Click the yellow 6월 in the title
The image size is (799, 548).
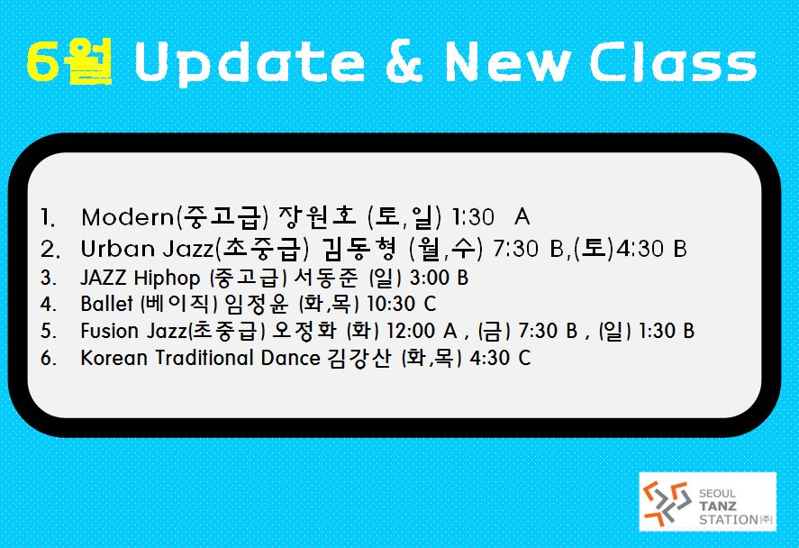coord(69,61)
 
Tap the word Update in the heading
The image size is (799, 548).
coord(250,63)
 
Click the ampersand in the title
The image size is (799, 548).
coord(404,61)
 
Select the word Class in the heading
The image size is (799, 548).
coord(673,61)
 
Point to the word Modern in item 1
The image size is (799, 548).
coord(127,218)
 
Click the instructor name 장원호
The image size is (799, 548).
coord(317,216)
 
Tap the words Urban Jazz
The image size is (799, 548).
coord(147,249)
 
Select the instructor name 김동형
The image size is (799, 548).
coord(359,248)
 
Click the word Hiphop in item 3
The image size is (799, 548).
coord(168,279)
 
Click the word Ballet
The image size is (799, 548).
coord(106,304)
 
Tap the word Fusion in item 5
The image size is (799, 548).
coord(110,331)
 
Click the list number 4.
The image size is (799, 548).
coord(49,305)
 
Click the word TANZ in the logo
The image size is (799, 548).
coord(717,507)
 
